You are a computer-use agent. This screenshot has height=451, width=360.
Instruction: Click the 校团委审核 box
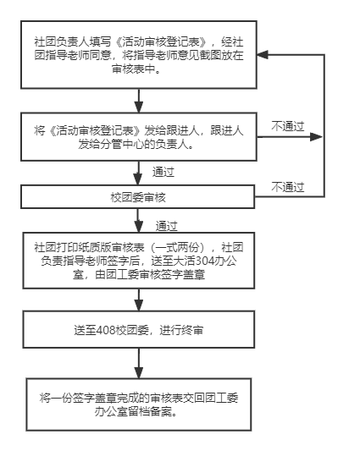click(138, 197)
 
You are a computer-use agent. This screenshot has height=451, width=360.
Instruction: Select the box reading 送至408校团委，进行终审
click(139, 329)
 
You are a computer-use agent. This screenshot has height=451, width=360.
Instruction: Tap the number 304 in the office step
click(205, 261)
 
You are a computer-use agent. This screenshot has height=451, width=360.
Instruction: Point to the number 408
click(106, 330)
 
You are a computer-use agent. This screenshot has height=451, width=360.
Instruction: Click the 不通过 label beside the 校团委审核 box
click(288, 187)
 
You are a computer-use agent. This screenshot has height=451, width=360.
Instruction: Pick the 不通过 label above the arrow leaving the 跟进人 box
click(288, 126)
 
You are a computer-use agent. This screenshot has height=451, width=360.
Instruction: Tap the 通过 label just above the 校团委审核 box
click(163, 172)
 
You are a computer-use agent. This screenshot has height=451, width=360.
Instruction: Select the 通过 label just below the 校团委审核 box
click(167, 226)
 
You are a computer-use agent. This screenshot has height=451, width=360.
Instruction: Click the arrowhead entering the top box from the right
click(263, 55)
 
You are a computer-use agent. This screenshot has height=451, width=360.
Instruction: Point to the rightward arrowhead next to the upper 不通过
click(316, 137)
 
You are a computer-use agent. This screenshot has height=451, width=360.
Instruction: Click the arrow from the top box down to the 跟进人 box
click(139, 101)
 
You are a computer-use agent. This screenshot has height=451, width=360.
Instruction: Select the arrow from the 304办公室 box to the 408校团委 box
click(139, 300)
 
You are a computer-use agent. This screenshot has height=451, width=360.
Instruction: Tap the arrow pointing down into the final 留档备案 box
click(139, 363)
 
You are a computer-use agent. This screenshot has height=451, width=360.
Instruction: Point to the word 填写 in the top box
click(100, 41)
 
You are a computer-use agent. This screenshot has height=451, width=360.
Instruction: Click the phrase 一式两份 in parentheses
click(177, 247)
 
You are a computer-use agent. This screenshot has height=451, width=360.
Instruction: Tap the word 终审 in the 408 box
click(192, 330)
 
